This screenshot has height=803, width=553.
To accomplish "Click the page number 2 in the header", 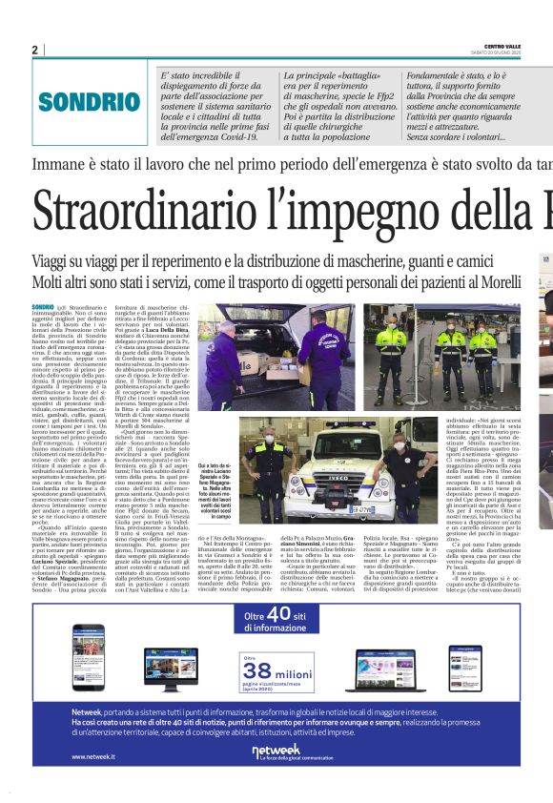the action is pos(34,50).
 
